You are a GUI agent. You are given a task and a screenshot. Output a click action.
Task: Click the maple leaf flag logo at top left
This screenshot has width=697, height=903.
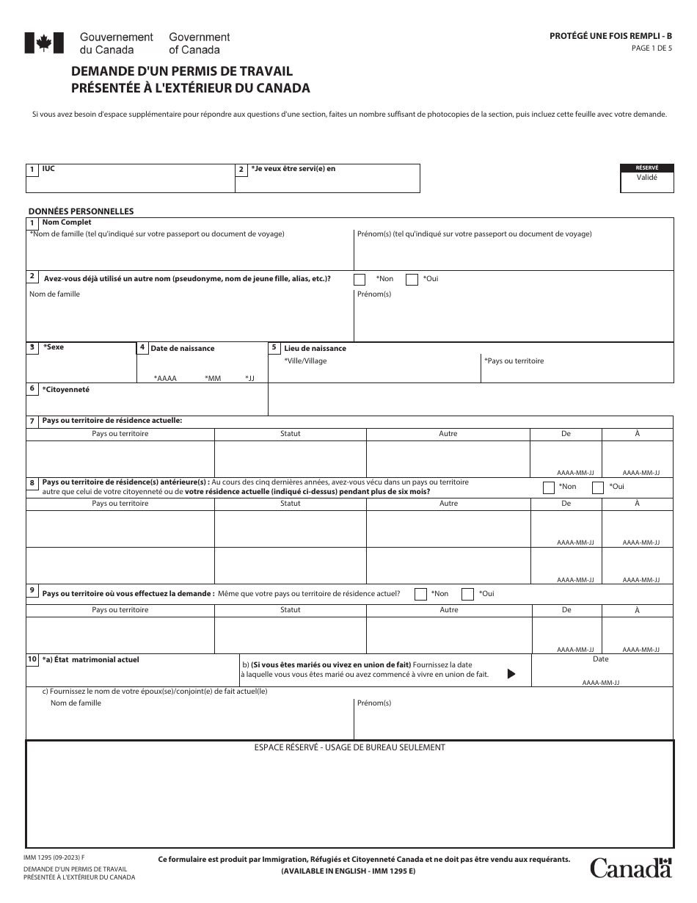(x=39, y=43)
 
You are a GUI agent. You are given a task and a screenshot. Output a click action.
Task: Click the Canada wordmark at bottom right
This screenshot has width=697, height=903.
(x=631, y=868)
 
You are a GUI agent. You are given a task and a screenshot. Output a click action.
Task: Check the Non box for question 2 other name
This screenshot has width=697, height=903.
(x=360, y=279)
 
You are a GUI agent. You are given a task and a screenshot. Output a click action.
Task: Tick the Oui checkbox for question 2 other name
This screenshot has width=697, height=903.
(x=412, y=279)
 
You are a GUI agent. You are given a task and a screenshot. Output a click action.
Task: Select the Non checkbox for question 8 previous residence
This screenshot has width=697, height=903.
(x=548, y=487)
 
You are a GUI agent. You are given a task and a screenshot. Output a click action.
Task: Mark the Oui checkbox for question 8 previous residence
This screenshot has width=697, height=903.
(x=598, y=487)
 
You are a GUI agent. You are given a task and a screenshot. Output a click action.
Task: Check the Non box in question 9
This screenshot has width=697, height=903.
(x=420, y=594)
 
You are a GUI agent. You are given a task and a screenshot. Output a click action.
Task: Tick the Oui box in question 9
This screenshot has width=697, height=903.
(x=467, y=594)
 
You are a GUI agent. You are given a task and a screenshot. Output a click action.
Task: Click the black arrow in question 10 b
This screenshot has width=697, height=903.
(x=511, y=674)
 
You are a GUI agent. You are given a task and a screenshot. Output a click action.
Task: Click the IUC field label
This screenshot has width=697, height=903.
(x=48, y=169)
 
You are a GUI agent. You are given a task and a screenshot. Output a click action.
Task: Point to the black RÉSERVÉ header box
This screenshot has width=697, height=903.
(x=646, y=167)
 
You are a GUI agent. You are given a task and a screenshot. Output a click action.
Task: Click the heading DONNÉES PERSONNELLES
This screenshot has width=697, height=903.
(x=81, y=211)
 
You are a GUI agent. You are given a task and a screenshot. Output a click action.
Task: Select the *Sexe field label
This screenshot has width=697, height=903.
(x=54, y=347)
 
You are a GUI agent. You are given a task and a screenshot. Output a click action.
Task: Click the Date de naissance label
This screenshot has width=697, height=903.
(x=183, y=348)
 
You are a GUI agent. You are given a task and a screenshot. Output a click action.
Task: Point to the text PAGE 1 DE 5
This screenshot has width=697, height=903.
(x=652, y=48)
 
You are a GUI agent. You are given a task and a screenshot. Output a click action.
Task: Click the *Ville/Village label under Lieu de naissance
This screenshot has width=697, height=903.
(x=305, y=361)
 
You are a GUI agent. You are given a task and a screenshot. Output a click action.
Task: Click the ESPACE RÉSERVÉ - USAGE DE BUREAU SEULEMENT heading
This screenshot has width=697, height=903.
(x=349, y=747)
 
